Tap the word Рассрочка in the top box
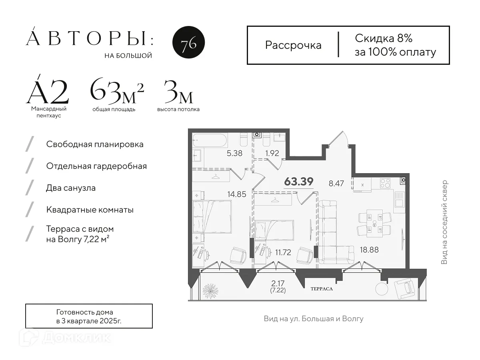point(293,45)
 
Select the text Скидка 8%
point(383,38)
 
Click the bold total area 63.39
point(298,182)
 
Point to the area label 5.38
point(234,153)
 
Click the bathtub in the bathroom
point(210,141)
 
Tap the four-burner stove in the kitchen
point(385,183)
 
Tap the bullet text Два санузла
point(71,188)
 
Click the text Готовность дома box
point(89,316)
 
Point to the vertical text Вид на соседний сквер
point(444,222)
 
